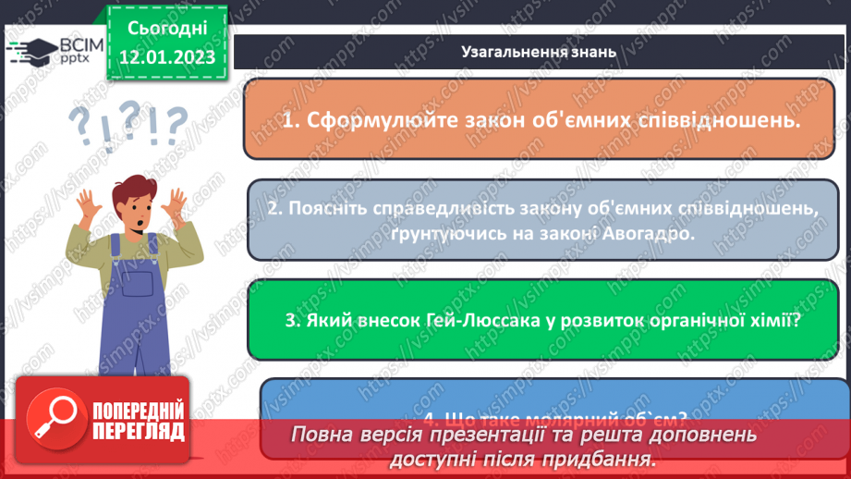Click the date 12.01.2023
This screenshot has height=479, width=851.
pyautogui.click(x=166, y=57)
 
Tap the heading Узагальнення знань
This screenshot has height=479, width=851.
pyautogui.click(x=538, y=52)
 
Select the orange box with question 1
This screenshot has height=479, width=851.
pyautogui.click(x=540, y=119)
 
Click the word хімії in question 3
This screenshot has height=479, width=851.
pyautogui.click(x=774, y=321)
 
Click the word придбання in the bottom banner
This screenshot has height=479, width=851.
pyautogui.click(x=611, y=459)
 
